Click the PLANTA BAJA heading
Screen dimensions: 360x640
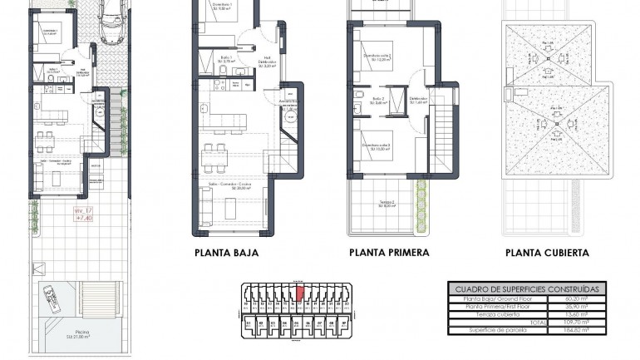pos(226,253)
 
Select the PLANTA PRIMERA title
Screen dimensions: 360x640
pos(389,253)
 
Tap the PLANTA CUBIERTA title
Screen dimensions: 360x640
pos(547,253)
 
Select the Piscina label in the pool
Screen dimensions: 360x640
pos(81,333)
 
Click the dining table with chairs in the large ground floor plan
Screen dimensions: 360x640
pos(217,154)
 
